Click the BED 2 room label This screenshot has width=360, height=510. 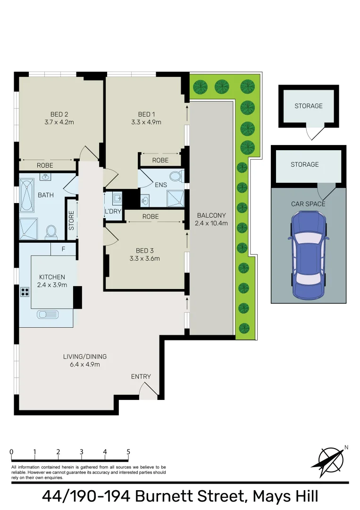point(59,114)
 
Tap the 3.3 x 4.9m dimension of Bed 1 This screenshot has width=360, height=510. point(146,122)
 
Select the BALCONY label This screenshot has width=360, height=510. point(211,215)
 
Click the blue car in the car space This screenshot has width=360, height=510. point(309,255)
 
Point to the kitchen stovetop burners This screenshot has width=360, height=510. point(25,291)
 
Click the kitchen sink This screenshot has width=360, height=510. point(48,314)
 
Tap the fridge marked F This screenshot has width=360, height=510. point(63,249)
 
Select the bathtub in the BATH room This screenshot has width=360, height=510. point(27,195)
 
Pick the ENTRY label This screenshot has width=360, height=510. point(141,376)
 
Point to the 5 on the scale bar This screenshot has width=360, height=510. point(128,452)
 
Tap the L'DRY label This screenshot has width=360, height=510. point(113,211)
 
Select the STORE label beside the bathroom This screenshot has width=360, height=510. point(71,221)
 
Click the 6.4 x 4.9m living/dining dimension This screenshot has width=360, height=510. point(85,364)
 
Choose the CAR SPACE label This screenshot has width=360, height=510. point(308,204)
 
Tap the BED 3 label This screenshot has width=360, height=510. point(144,250)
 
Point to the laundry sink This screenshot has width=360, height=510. point(117,197)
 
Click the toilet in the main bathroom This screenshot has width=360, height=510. point(51,231)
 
